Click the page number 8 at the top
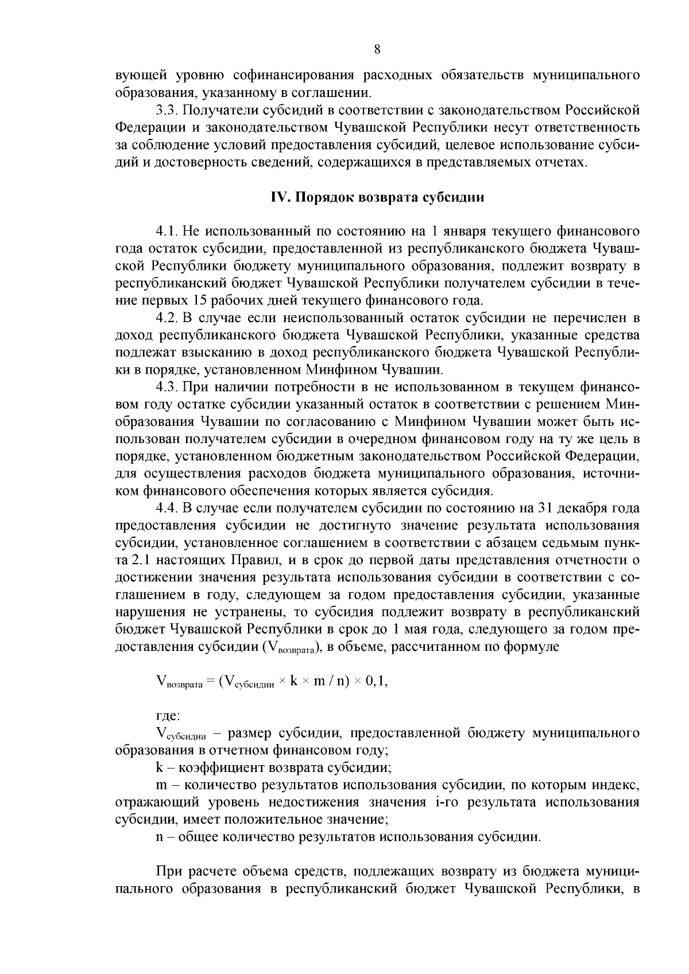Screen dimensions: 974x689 pyautogui.click(x=377, y=49)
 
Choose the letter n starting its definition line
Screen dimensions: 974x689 pyautogui.click(x=160, y=837)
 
